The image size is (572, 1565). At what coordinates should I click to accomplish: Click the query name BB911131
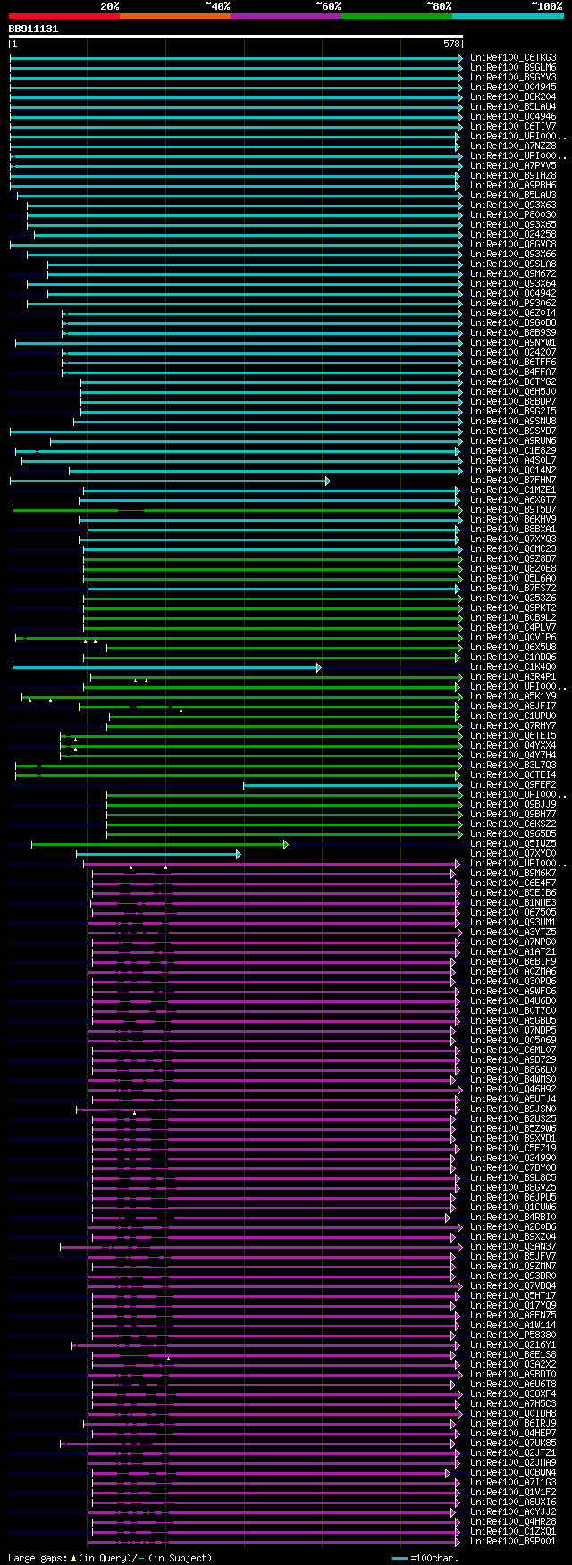tap(33, 29)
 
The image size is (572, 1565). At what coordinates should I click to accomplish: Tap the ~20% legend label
tap(110, 6)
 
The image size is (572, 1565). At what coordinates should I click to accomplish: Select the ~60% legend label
tap(328, 6)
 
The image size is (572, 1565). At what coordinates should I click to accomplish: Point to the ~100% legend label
tap(547, 6)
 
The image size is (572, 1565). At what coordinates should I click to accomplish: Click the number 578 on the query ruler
tap(451, 44)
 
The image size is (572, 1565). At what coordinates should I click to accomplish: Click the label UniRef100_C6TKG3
tap(513, 58)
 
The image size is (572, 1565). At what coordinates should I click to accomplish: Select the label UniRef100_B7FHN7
tap(513, 481)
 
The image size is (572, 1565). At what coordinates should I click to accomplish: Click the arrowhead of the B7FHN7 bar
tap(328, 481)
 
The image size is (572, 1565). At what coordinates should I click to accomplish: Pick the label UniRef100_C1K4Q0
tap(513, 667)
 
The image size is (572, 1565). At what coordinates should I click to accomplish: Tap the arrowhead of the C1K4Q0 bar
tap(319, 667)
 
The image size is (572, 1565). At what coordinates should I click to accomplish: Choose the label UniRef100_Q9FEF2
tap(513, 785)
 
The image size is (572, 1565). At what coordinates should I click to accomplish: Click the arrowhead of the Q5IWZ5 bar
tap(286, 844)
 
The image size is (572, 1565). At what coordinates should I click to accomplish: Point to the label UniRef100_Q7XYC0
tap(513, 854)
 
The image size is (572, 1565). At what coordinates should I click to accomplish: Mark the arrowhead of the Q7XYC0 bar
tap(239, 854)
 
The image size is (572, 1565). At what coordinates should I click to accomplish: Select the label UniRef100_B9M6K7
tap(513, 874)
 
